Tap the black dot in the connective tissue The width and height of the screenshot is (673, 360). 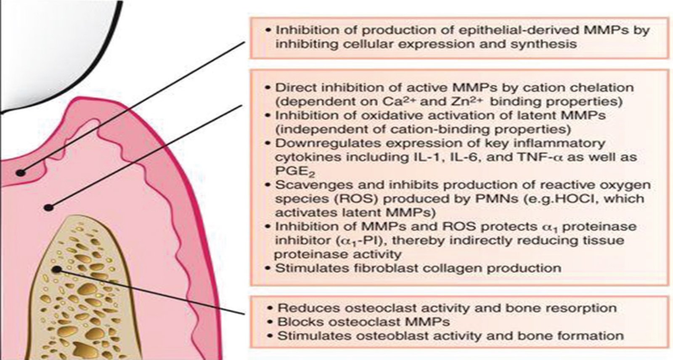coord(48,207)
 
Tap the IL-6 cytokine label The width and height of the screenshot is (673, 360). coord(467,157)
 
